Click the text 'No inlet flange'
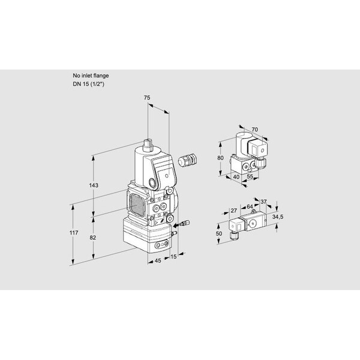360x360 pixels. (91, 76)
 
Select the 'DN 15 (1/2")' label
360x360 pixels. (88, 84)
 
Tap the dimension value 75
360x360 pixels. (147, 98)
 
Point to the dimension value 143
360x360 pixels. (94, 185)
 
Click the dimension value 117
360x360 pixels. (74, 233)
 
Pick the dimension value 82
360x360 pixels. (93, 238)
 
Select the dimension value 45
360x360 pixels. (158, 260)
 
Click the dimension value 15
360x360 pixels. (173, 256)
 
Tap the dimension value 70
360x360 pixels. (254, 130)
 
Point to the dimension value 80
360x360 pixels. (220, 158)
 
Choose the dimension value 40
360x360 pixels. (236, 177)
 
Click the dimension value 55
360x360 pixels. (250, 176)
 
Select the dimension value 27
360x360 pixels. (234, 211)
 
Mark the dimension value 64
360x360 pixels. (250, 207)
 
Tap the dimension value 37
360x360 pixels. (263, 202)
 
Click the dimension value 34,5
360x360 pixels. (278, 217)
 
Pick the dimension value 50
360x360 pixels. (219, 233)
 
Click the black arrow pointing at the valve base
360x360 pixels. (176, 226)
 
